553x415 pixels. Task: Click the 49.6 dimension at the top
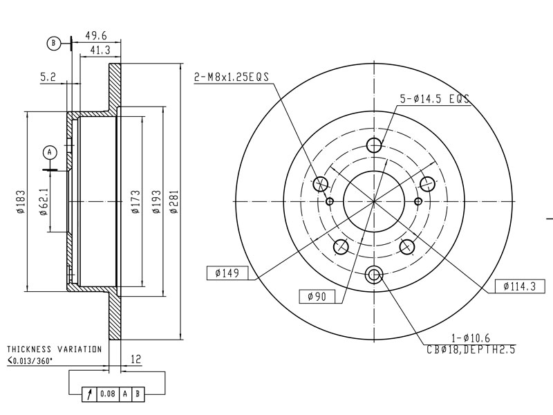[95, 36]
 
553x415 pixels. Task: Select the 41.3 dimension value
[100, 50]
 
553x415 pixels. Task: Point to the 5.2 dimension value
[48, 77]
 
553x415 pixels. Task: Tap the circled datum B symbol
[54, 44]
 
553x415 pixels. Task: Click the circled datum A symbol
[50, 152]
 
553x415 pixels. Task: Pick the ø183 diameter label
[21, 202]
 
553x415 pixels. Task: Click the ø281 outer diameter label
[175, 202]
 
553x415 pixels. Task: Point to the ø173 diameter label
[135, 202]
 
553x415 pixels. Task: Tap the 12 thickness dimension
[135, 359]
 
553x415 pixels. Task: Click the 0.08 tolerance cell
[108, 394]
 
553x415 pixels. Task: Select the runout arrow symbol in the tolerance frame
[90, 394]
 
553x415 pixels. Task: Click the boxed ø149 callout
[227, 273]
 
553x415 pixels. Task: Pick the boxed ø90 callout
[317, 297]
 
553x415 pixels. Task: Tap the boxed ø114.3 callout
[520, 286]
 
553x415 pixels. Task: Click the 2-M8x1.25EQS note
[232, 77]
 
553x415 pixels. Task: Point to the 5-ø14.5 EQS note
[435, 98]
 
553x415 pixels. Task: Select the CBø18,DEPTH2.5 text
[471, 350]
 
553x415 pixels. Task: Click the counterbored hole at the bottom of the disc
[374, 275]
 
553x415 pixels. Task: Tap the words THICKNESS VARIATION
[55, 349]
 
